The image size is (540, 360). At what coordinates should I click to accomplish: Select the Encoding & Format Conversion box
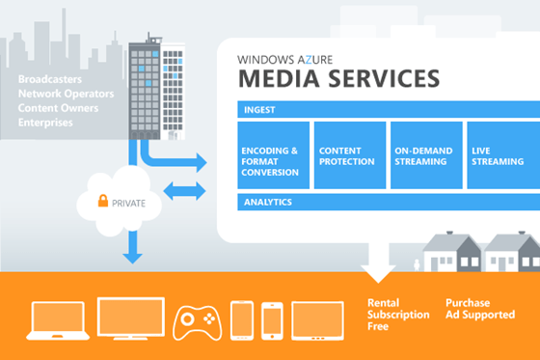(273, 155)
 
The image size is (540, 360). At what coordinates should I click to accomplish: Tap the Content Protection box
(349, 155)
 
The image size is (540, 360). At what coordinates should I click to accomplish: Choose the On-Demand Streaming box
(425, 155)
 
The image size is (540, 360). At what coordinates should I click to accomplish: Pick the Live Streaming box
(501, 155)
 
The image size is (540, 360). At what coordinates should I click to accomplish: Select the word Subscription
(395, 315)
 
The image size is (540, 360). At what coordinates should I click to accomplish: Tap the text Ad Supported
(479, 315)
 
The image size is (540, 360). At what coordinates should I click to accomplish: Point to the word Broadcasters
(49, 77)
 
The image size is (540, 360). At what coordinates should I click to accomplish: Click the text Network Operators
(64, 94)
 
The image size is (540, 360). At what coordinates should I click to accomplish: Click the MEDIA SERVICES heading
(338, 77)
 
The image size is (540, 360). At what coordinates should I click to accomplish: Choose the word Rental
(383, 302)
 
